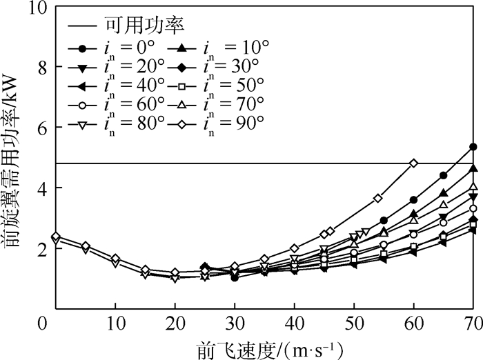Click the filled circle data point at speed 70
coord(473,147)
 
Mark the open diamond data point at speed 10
coord(116,259)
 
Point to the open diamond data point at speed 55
coord(377,199)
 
